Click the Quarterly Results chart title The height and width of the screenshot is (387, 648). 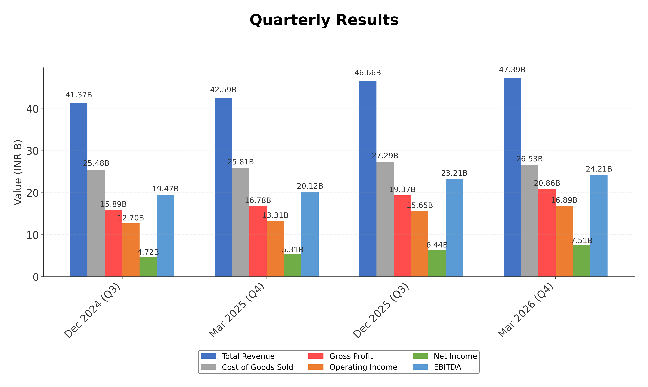click(324, 20)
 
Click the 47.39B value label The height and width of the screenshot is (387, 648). click(512, 70)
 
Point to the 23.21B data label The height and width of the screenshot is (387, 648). click(454, 173)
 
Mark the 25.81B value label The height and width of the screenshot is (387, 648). click(240, 162)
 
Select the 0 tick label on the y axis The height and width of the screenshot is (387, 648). click(36, 277)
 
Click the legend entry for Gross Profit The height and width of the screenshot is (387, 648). click(351, 356)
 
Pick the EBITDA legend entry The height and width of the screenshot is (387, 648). click(447, 367)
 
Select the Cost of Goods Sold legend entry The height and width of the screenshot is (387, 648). click(257, 367)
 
